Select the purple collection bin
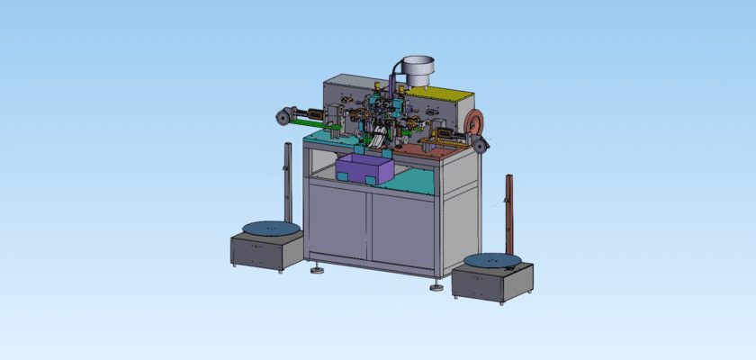[364, 168]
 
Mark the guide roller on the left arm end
[281, 115]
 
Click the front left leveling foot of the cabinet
[318, 269]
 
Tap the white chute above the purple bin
[379, 139]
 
